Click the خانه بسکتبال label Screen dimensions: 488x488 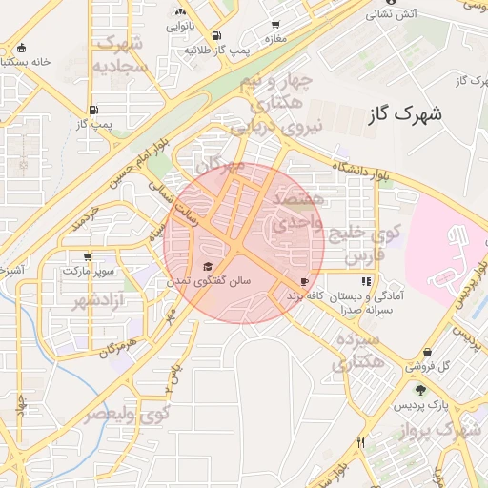pyautogui.click(x=38, y=61)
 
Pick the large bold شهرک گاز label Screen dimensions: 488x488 pyautogui.click(x=405, y=113)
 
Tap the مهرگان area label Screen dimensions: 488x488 pyautogui.click(x=222, y=171)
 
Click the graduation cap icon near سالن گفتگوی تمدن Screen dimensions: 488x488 pyautogui.click(x=208, y=266)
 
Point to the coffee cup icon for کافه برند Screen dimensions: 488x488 pyautogui.click(x=304, y=282)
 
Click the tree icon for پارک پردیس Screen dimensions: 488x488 pyautogui.click(x=420, y=389)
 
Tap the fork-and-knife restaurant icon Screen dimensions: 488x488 pyautogui.click(x=360, y=442)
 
